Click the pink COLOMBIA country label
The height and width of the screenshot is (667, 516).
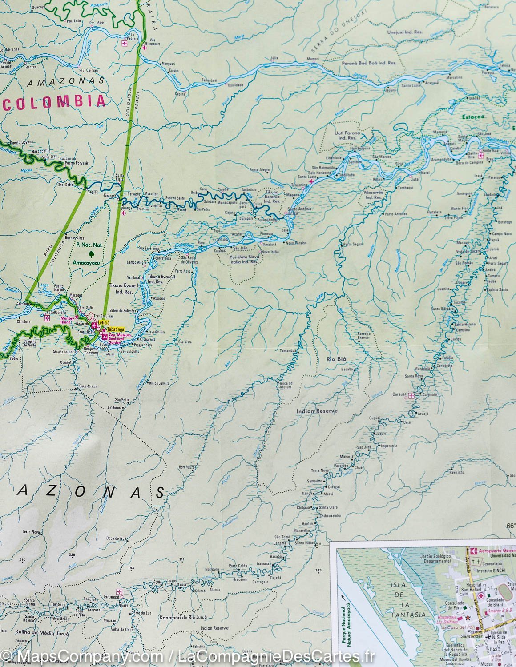coord(56,102)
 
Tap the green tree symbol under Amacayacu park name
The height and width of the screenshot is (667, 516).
coord(92,254)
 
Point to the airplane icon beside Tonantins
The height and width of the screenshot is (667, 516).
coord(311,181)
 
